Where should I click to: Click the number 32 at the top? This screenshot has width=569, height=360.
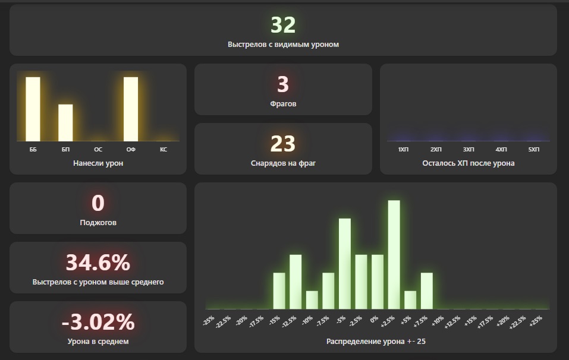[283, 25]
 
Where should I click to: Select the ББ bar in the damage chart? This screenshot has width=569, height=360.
[33, 109]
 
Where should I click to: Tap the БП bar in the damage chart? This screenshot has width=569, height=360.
[65, 122]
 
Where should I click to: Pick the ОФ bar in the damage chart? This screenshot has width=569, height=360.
[131, 109]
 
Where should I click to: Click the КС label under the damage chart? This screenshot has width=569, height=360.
[164, 150]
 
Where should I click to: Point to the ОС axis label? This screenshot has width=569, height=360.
[98, 150]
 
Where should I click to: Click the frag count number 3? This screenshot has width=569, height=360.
[283, 84]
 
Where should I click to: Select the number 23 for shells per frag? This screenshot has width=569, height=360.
[283, 144]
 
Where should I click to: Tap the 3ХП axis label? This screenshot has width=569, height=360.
[469, 150]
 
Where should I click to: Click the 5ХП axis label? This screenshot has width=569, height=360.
[534, 150]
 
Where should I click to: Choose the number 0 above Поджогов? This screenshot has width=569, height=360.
[98, 203]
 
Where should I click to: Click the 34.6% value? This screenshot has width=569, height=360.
[98, 263]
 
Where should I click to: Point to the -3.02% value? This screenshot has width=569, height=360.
[98, 322]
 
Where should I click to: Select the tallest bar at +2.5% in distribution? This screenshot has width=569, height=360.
[394, 254]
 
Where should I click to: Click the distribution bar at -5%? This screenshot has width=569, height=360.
[344, 264]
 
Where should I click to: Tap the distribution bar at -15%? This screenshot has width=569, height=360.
[279, 290]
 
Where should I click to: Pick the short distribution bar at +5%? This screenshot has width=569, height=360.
[410, 299]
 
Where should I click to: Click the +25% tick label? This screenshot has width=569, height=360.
[535, 321]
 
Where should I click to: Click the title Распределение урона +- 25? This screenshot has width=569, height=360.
[376, 342]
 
